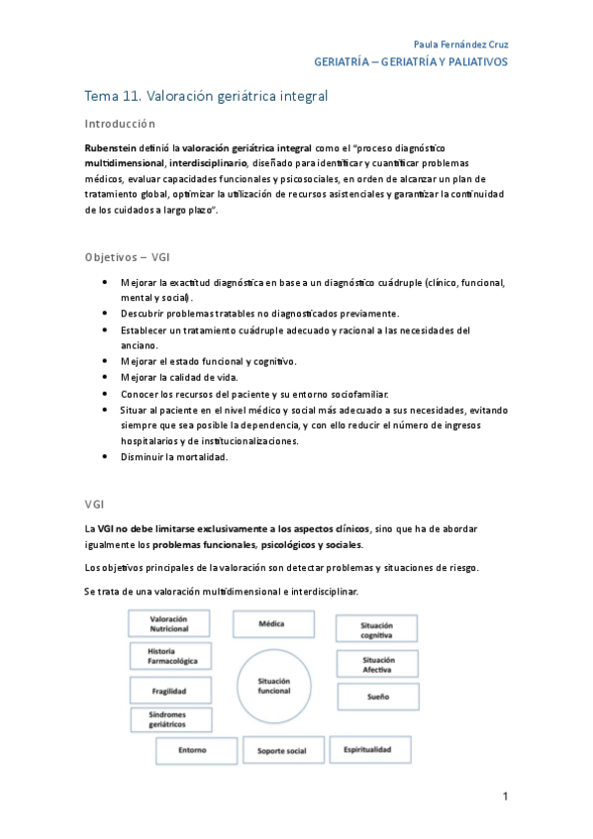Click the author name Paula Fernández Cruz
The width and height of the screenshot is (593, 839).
tap(459, 45)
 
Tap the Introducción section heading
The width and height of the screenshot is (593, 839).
tap(121, 125)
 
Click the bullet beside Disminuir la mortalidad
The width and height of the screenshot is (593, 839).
tap(106, 456)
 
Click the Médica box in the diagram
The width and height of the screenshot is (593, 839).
tap(271, 625)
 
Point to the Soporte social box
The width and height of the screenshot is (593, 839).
tap(281, 751)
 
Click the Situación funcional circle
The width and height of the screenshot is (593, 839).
tap(274, 686)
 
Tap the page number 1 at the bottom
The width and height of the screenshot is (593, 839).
tap(504, 796)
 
